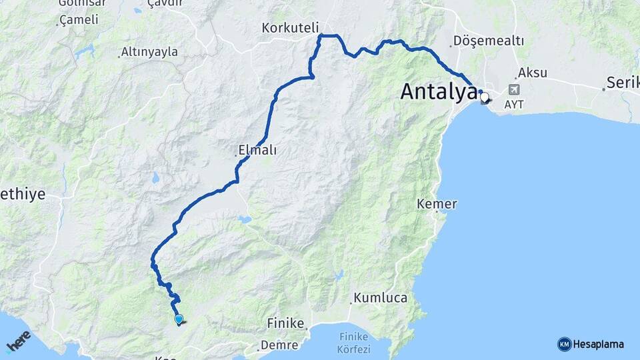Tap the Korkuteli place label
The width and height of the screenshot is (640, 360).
291,28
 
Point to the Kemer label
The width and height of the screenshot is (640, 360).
437,203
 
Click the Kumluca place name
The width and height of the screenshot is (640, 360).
380,298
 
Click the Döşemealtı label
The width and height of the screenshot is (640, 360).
488,41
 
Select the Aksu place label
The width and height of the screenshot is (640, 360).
532,72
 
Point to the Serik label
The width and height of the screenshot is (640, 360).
623,83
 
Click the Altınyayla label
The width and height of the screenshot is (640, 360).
149,52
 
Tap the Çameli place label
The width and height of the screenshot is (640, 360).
79,20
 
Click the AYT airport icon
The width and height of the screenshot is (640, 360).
514,89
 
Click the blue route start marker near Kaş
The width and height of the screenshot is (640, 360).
179,319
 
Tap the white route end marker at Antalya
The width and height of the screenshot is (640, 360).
484,97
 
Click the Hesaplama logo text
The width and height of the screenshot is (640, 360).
599,344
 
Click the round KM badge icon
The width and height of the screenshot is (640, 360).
564,344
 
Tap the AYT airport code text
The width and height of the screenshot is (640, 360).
514,105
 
